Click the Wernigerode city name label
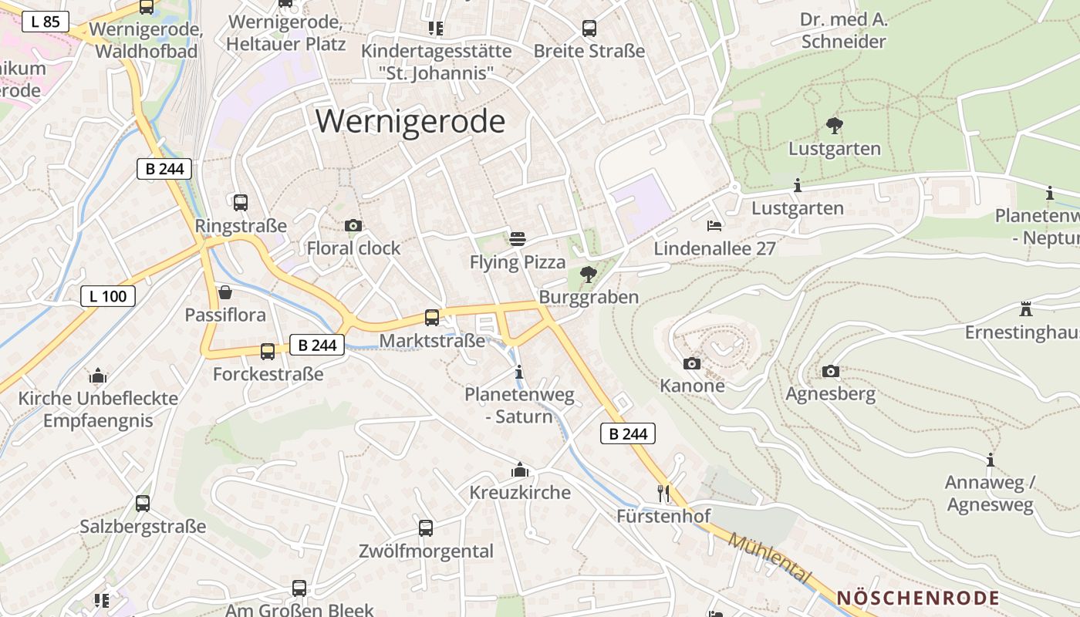tap(410, 122)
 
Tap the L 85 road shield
tap(46, 22)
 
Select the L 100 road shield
tap(108, 295)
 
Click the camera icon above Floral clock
tap(353, 226)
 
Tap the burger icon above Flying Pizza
tap(518, 239)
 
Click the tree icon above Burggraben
tap(589, 274)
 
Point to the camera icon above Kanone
tap(692, 363)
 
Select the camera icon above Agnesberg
tap(830, 371)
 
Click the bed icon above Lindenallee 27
tap(714, 226)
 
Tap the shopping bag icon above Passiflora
tap(225, 292)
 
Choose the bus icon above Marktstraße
tap(432, 318)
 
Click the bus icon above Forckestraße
tap(268, 352)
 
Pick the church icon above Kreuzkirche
tap(520, 470)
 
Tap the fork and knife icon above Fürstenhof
tap(663, 493)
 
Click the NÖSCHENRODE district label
tap(918, 598)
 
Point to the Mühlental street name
tap(769, 558)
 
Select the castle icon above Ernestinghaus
tap(1026, 309)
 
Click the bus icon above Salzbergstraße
tap(143, 504)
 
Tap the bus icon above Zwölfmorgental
tap(426, 528)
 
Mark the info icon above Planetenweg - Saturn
tap(519, 372)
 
